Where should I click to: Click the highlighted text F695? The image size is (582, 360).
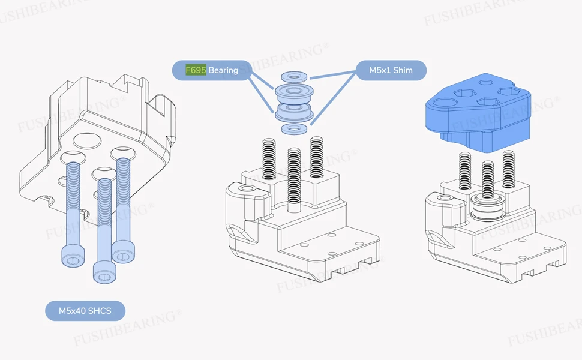click(x=196, y=70)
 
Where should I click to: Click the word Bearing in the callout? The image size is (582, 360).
click(x=223, y=70)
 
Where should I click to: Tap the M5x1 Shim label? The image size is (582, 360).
click(x=391, y=70)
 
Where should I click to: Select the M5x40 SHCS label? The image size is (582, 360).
click(x=85, y=311)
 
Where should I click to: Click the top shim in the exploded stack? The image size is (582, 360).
click(x=295, y=77)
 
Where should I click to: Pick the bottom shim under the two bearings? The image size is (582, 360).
click(x=295, y=129)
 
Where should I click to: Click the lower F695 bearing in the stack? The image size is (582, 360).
click(x=295, y=112)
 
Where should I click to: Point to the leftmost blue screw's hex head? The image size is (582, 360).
click(x=73, y=256)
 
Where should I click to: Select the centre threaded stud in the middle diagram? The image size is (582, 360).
click(x=294, y=180)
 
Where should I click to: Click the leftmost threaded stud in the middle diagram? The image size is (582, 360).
click(x=269, y=159)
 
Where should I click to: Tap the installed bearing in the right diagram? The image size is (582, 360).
click(x=488, y=209)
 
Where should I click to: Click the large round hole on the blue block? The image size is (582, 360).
click(x=445, y=104)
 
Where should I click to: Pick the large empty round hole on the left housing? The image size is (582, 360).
click(x=87, y=140)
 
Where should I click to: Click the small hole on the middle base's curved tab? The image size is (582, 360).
click(x=245, y=188)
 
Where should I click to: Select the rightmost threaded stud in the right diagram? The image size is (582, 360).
click(x=509, y=169)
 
